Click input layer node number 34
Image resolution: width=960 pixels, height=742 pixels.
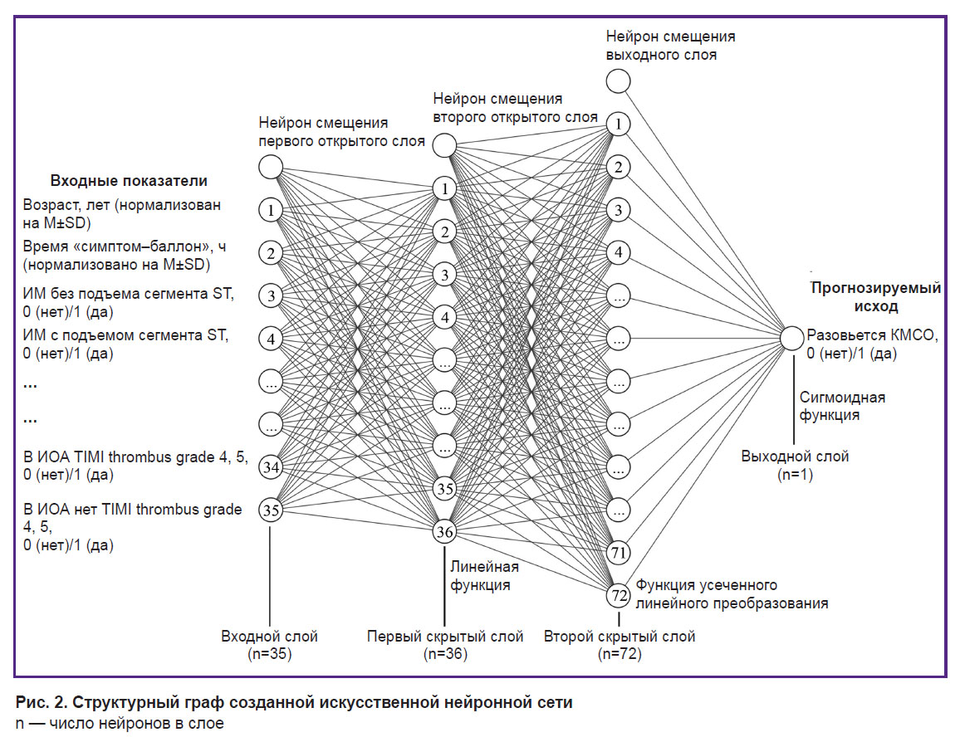271,467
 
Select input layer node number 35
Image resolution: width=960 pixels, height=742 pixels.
271,510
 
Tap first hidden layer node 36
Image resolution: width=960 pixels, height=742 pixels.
444,531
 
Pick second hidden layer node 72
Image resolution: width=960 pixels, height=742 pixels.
619,595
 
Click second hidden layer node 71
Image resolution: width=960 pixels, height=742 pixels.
619,553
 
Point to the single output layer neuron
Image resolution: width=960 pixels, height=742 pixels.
791,339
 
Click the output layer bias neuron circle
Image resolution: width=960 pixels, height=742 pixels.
619,81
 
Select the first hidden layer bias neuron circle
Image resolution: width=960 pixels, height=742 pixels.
271,167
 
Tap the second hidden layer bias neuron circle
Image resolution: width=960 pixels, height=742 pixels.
444,145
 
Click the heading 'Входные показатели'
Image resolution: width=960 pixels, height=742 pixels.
129,181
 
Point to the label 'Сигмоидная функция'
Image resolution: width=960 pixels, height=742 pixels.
842,406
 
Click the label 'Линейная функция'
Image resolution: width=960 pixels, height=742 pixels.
484,576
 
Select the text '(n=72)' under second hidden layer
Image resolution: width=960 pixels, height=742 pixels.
620,654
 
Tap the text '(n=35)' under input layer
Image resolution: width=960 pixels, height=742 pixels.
269,654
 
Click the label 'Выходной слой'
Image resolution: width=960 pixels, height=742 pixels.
795,456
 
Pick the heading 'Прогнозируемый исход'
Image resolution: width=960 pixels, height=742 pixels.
875,296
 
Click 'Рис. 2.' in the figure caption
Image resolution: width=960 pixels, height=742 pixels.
39,702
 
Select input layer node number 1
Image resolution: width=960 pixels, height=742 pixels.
271,210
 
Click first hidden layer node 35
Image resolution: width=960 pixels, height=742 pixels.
444,489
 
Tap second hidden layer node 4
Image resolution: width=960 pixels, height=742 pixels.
619,252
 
